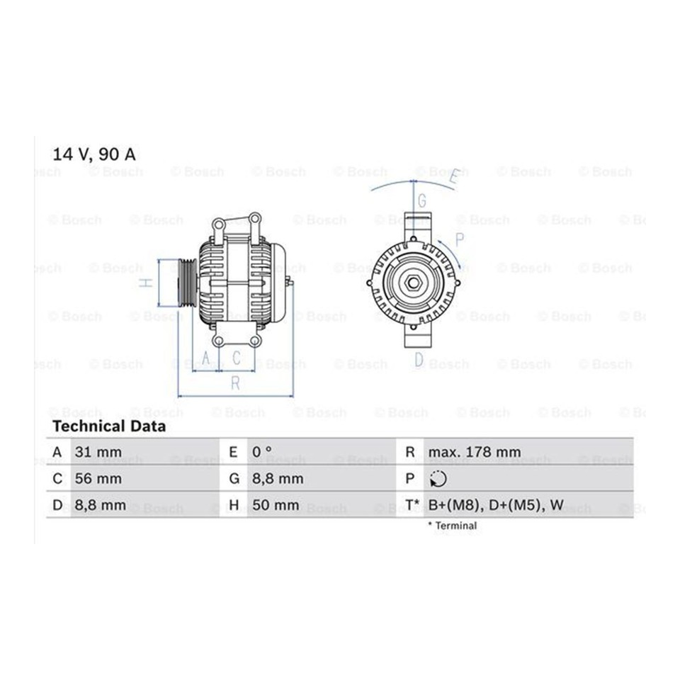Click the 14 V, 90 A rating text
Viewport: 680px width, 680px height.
pos(94,154)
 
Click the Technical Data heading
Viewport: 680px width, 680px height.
pos(109,426)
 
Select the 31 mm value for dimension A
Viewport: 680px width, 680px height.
pos(98,452)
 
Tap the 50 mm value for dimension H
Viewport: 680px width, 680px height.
pos(276,505)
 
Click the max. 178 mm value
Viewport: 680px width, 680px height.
pos(475,452)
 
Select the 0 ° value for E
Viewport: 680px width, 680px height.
pos(262,452)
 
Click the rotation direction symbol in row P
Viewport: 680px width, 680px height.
pos(438,479)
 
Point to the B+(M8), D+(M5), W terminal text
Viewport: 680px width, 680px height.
pos(496,505)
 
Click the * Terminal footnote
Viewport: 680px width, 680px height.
pos(453,526)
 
